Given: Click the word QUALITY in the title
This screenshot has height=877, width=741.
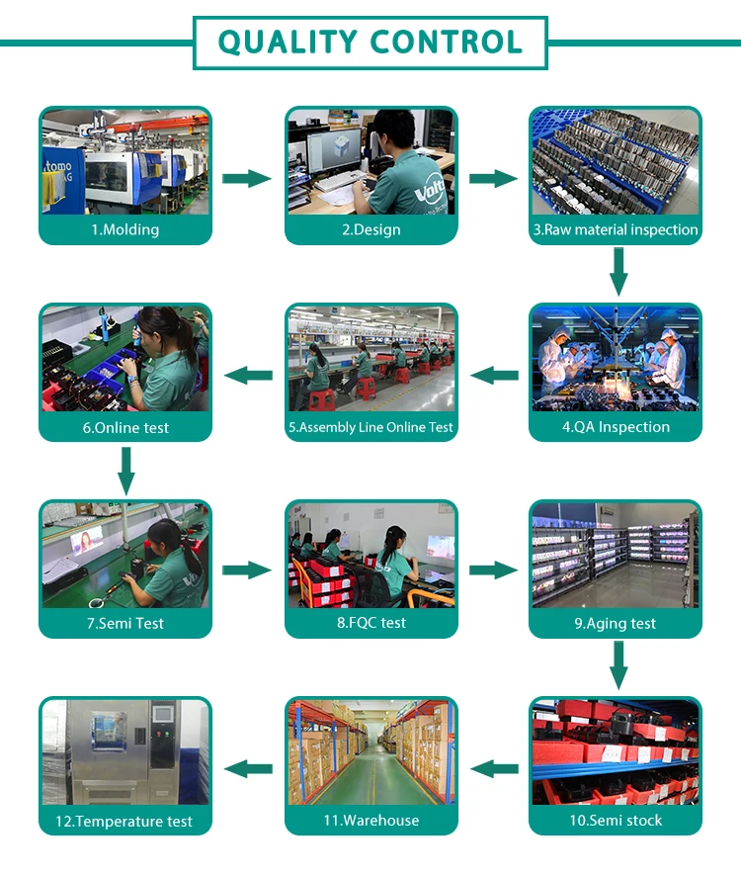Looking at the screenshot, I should pos(288,43).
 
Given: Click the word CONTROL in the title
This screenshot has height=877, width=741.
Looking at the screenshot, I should pos(446,43).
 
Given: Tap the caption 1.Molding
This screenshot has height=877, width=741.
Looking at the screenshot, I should pos(125,229).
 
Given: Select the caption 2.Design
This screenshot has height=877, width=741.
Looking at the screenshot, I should pos(371,229).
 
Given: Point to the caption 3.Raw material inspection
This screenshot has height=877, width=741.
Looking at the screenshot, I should pos(616,229).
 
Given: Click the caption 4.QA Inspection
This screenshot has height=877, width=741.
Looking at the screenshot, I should pos(616,427).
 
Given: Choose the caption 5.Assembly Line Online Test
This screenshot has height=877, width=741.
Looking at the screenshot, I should pos(370,427).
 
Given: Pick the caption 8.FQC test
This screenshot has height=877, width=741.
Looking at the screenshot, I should pos(371,623).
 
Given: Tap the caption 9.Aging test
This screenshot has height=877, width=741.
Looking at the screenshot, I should pos(616,624).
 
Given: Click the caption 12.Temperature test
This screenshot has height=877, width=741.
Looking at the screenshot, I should pos(125,822).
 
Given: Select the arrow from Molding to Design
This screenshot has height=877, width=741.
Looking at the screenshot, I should pos(247,179).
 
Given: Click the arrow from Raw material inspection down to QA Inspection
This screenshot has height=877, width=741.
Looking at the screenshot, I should pos(618,272).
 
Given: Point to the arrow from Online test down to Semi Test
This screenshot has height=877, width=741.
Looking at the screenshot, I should pos(125,470).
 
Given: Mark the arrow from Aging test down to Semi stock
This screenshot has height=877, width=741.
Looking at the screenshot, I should pos(618,665).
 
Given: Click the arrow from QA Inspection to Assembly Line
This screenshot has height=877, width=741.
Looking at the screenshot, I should pos(494,376).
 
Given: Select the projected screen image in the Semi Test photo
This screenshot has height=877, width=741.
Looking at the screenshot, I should pos(86,541).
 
